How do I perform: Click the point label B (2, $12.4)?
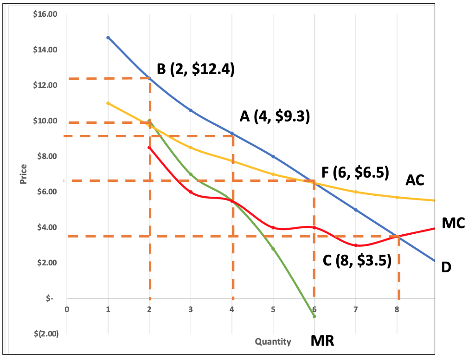(x=195, y=70)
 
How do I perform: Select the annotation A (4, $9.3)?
(x=275, y=116)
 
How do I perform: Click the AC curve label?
(x=415, y=180)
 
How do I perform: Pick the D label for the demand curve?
(x=446, y=267)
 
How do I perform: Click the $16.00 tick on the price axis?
(x=45, y=14)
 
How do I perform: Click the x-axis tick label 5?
(x=273, y=309)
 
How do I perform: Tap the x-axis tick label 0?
(x=67, y=309)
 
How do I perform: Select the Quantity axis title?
(x=273, y=342)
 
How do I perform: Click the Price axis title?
(x=23, y=174)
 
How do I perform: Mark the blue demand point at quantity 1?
(x=108, y=38)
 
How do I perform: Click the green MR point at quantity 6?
(x=315, y=316)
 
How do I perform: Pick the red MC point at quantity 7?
(x=356, y=245)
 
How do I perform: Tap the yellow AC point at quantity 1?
(x=108, y=103)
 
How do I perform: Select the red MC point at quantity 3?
(x=191, y=192)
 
